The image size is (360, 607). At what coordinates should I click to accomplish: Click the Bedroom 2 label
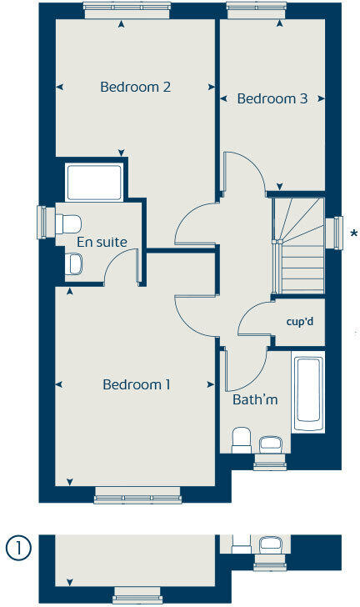tap(136, 87)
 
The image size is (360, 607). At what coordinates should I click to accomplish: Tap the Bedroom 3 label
tap(272, 98)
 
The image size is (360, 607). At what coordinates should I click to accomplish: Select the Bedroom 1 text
tap(137, 384)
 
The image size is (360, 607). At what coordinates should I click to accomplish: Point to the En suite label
tap(102, 242)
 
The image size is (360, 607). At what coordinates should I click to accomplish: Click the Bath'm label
tap(255, 400)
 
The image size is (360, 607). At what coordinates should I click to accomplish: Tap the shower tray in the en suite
tap(94, 183)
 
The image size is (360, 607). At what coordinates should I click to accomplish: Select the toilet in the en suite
tap(67, 223)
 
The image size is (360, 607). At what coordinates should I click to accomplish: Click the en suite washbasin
tap(73, 265)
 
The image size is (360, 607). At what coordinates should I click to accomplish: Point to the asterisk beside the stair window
tap(354, 233)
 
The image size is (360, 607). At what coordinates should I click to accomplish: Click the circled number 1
tap(18, 549)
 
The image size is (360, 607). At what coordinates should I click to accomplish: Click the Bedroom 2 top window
tap(127, 7)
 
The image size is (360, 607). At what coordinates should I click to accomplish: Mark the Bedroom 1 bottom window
tap(137, 499)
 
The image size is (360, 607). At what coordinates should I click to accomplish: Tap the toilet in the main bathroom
tap(242, 439)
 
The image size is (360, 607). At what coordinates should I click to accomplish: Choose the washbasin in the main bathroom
tap(272, 443)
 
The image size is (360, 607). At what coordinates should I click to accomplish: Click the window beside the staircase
tap(337, 233)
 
